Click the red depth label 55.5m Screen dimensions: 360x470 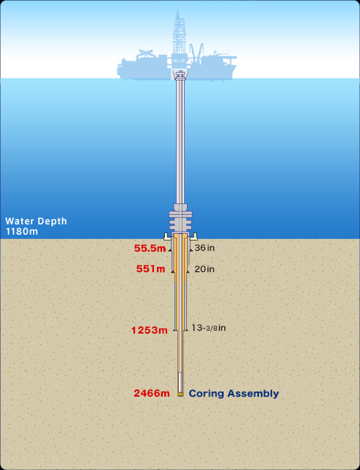pos(150,248)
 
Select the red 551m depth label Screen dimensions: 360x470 pos(150,269)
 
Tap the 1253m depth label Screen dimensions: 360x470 pos(150,330)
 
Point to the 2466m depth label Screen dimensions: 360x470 pos(152,393)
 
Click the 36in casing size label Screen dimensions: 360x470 pos(205,248)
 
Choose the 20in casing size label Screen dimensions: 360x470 pos(205,269)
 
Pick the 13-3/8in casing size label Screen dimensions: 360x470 pos(208,328)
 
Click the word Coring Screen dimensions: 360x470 pos(206,394)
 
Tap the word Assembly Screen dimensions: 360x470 pos(253,394)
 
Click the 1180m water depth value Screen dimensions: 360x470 pos(22,232)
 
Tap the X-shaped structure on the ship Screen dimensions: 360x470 pos(146,54)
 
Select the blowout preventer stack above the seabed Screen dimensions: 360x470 pos(180,219)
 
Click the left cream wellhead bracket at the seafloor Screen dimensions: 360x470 pos(167,237)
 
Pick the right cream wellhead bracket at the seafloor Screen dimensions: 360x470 pos(194,237)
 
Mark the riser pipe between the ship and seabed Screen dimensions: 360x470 pos(180,141)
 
